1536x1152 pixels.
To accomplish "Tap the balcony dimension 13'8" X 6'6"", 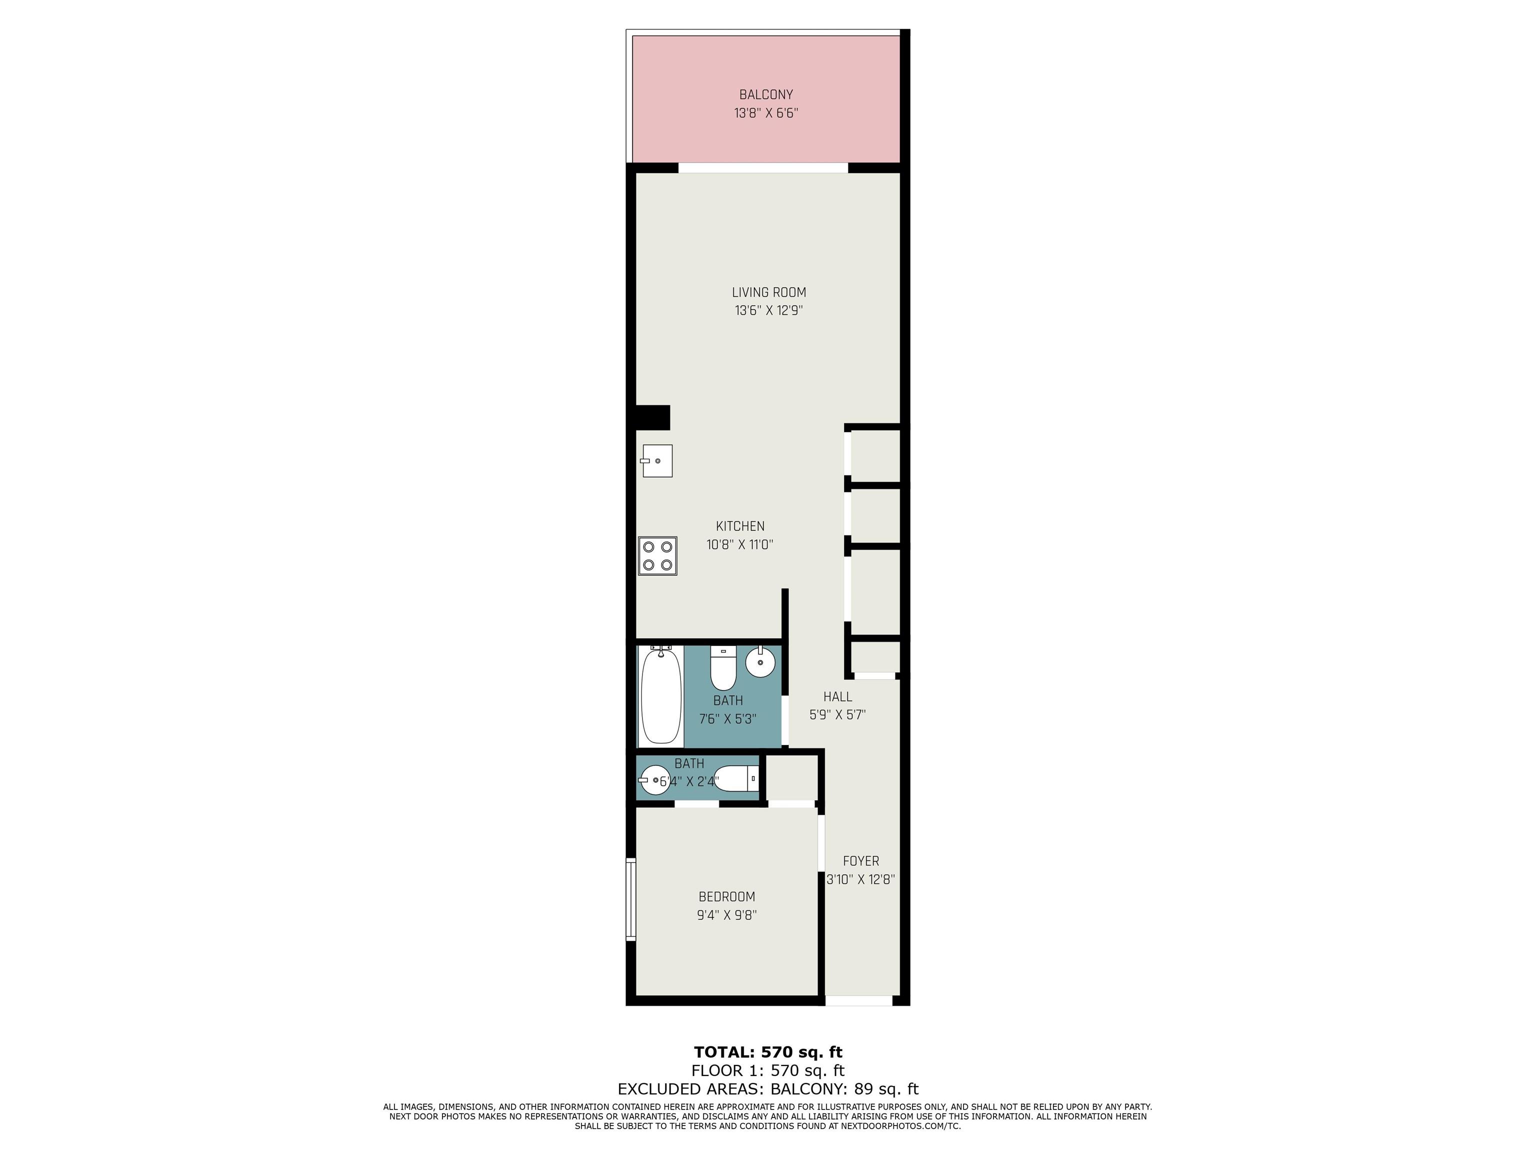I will click(x=766, y=113).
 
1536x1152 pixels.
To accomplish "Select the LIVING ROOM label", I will click(x=768, y=292).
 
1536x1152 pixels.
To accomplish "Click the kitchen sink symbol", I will click(x=657, y=461).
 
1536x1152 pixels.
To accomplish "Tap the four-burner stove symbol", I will click(x=657, y=555).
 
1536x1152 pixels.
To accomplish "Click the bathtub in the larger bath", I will click(x=660, y=695).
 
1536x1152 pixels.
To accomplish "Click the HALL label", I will click(x=837, y=696).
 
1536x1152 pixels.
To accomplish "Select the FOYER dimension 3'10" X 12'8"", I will click(x=860, y=879).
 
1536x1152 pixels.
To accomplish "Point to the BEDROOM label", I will click(x=726, y=896).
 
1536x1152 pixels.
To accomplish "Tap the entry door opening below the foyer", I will click(x=858, y=1000).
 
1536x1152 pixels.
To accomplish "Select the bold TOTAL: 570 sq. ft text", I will click(x=768, y=1051).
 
